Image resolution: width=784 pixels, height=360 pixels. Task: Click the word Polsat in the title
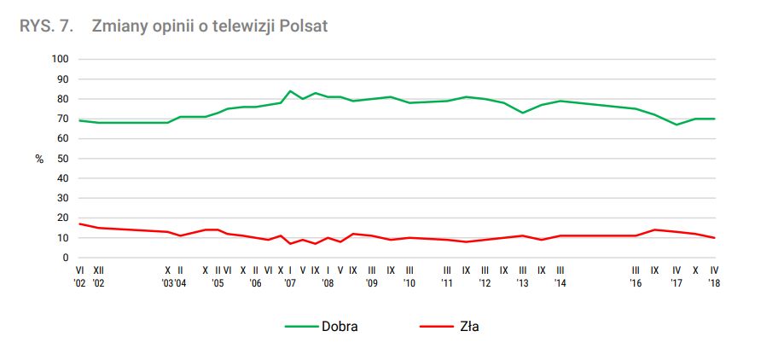pos(304,26)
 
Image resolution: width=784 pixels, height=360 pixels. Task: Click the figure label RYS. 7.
pos(44,26)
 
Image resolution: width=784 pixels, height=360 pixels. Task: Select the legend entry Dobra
pos(340,326)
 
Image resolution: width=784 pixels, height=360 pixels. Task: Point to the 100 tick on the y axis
pos(60,59)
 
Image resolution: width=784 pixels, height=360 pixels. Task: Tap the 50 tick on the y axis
pos(62,159)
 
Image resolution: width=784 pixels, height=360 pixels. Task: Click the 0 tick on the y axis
pos(65,258)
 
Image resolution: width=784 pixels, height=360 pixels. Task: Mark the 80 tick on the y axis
pos(62,99)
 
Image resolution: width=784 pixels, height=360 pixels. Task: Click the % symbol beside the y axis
pos(39,160)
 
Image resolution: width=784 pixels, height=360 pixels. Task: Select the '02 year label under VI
pos(80,282)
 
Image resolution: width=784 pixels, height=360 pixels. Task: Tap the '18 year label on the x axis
pos(714,282)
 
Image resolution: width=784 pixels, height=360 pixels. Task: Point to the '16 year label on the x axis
pos(636,282)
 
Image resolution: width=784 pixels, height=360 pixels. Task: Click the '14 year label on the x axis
pos(560,282)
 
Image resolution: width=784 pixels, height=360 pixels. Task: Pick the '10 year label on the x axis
pos(409,282)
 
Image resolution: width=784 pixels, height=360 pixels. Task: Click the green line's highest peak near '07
pos(290,90)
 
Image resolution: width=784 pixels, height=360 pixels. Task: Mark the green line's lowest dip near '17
pos(677,125)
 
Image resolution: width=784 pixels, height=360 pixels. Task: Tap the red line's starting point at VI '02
pos(79,224)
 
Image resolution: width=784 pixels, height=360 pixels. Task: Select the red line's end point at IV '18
pos(714,238)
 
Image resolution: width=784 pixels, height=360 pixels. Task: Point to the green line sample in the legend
pos(299,326)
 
